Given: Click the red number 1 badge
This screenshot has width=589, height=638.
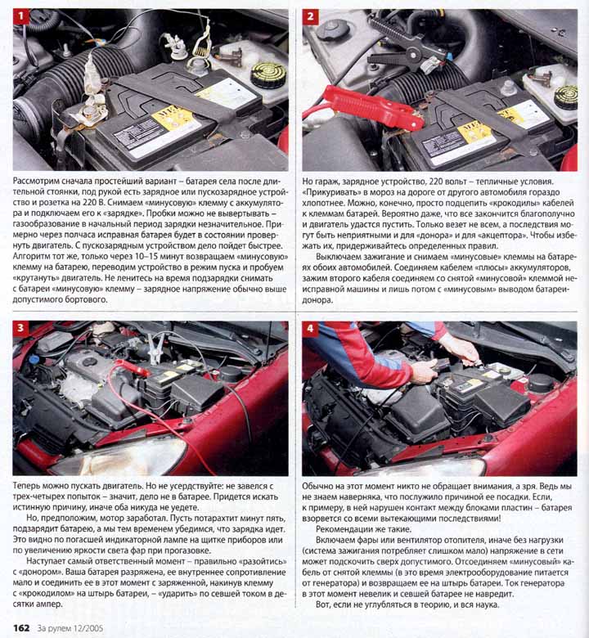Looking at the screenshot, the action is point(21,17).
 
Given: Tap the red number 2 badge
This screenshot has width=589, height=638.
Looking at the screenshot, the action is point(311,17).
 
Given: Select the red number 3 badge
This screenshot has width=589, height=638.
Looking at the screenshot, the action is point(21,329).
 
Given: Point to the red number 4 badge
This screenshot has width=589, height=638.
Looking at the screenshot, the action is point(311,329).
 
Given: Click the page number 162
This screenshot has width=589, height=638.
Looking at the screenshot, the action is point(21,628).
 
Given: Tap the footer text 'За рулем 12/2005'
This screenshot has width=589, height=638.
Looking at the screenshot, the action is point(70,628).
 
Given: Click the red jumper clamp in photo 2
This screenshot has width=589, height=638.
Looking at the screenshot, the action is point(371,108).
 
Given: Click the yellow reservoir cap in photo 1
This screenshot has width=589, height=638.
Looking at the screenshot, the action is point(268,74).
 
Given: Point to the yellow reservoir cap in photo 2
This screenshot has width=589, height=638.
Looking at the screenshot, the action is point(566,97).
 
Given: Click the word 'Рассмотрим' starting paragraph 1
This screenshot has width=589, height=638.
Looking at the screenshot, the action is point(36,182).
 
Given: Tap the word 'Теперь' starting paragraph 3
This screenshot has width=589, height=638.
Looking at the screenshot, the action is point(26,486).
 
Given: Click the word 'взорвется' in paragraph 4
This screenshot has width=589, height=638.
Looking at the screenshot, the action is point(321,519).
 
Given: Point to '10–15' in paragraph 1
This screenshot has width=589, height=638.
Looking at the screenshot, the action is point(137,257).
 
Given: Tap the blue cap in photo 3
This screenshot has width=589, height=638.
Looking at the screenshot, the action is point(34,360).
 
